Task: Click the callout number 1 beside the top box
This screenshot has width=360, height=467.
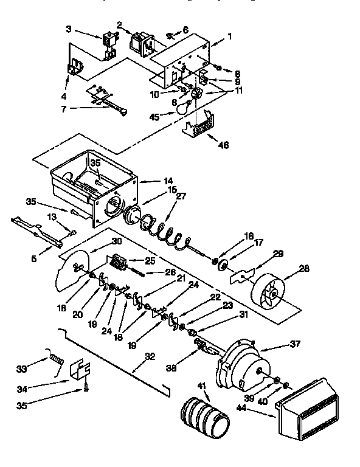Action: [229, 36]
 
